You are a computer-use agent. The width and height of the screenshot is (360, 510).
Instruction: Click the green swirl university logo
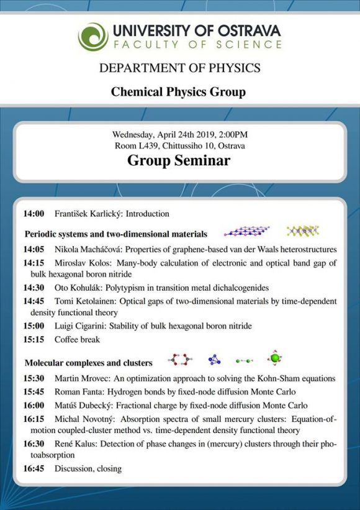coord(93,37)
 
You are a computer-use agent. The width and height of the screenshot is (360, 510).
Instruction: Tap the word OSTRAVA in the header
coord(249,31)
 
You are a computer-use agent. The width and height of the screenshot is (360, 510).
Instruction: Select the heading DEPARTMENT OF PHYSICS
coord(179,68)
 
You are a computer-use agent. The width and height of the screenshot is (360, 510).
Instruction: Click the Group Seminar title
coord(179,160)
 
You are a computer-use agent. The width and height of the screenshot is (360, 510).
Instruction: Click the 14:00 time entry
coord(34,214)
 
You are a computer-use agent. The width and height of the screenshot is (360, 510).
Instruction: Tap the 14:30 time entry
coord(34,288)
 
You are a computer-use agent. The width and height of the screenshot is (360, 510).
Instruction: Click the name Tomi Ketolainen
coord(84,301)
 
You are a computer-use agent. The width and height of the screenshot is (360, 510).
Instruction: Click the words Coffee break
coord(77,340)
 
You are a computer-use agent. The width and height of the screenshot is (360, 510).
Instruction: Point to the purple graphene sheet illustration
coord(246,230)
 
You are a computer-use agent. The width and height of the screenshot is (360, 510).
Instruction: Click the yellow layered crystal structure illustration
coord(303,230)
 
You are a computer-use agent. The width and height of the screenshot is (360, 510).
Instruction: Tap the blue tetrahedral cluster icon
coord(214,360)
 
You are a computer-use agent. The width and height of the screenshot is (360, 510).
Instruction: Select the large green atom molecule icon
coord(275,358)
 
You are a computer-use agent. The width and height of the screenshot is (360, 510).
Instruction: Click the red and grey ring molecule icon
coord(180,360)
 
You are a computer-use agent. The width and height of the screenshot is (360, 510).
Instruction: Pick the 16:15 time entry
coord(34,419)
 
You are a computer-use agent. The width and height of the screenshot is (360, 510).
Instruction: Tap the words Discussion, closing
coord(88,469)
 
